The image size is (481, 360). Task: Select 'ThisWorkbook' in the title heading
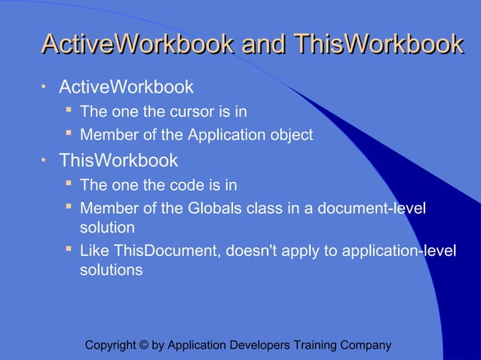pyautogui.click(x=378, y=44)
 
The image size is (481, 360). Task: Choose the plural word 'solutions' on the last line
pyautogui.click(x=111, y=270)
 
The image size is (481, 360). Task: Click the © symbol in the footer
pyautogui.click(x=142, y=346)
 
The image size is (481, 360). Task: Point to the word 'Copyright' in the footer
pyautogui.click(x=111, y=346)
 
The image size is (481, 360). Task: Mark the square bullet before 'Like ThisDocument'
pyautogui.click(x=68, y=249)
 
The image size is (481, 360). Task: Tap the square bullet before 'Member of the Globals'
pyautogui.click(x=68, y=207)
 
